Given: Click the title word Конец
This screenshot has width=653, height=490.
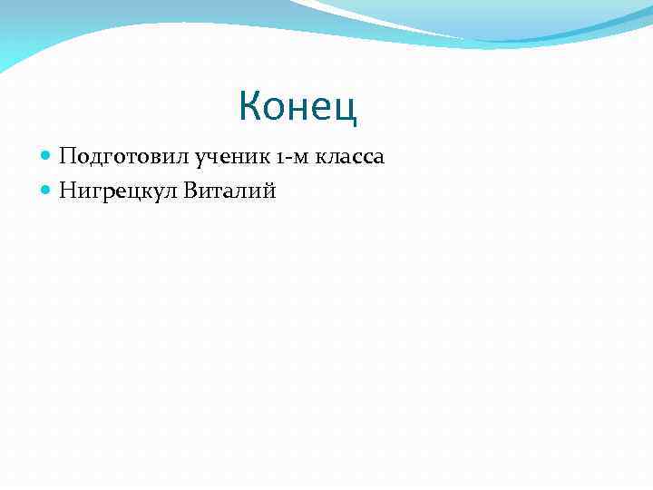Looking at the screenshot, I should (298, 107).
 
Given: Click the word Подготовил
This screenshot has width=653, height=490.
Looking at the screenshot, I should (112, 158).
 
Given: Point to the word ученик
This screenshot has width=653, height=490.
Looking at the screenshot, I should (202, 158).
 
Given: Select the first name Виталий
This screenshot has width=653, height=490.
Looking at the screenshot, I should (229, 190).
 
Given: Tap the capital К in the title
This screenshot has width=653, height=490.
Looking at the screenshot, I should (250, 107).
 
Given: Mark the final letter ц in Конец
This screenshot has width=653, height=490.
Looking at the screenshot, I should (348, 109).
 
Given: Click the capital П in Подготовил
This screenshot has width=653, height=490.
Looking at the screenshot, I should (67, 157).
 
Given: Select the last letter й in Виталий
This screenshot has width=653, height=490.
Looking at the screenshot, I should (268, 190).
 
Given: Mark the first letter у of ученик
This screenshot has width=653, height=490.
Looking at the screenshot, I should (175, 159).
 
